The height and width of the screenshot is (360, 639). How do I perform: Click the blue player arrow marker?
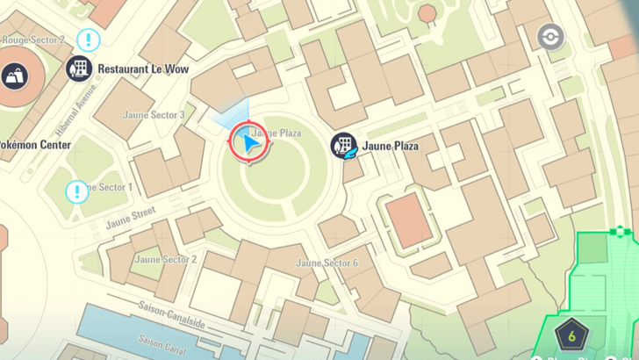click(250, 143)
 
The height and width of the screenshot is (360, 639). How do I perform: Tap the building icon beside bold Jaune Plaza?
click(343, 146)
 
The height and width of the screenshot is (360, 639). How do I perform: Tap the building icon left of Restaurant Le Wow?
click(79, 68)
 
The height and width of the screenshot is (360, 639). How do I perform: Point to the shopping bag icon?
click(14, 76)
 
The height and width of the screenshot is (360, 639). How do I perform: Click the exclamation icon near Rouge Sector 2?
click(88, 40)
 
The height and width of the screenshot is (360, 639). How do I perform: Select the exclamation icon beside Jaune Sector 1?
click(77, 191)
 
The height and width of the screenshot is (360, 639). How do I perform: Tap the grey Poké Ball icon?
click(550, 37)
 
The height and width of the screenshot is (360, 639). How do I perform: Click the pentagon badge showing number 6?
click(571, 335)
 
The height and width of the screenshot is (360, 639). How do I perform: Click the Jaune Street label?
click(131, 212)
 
